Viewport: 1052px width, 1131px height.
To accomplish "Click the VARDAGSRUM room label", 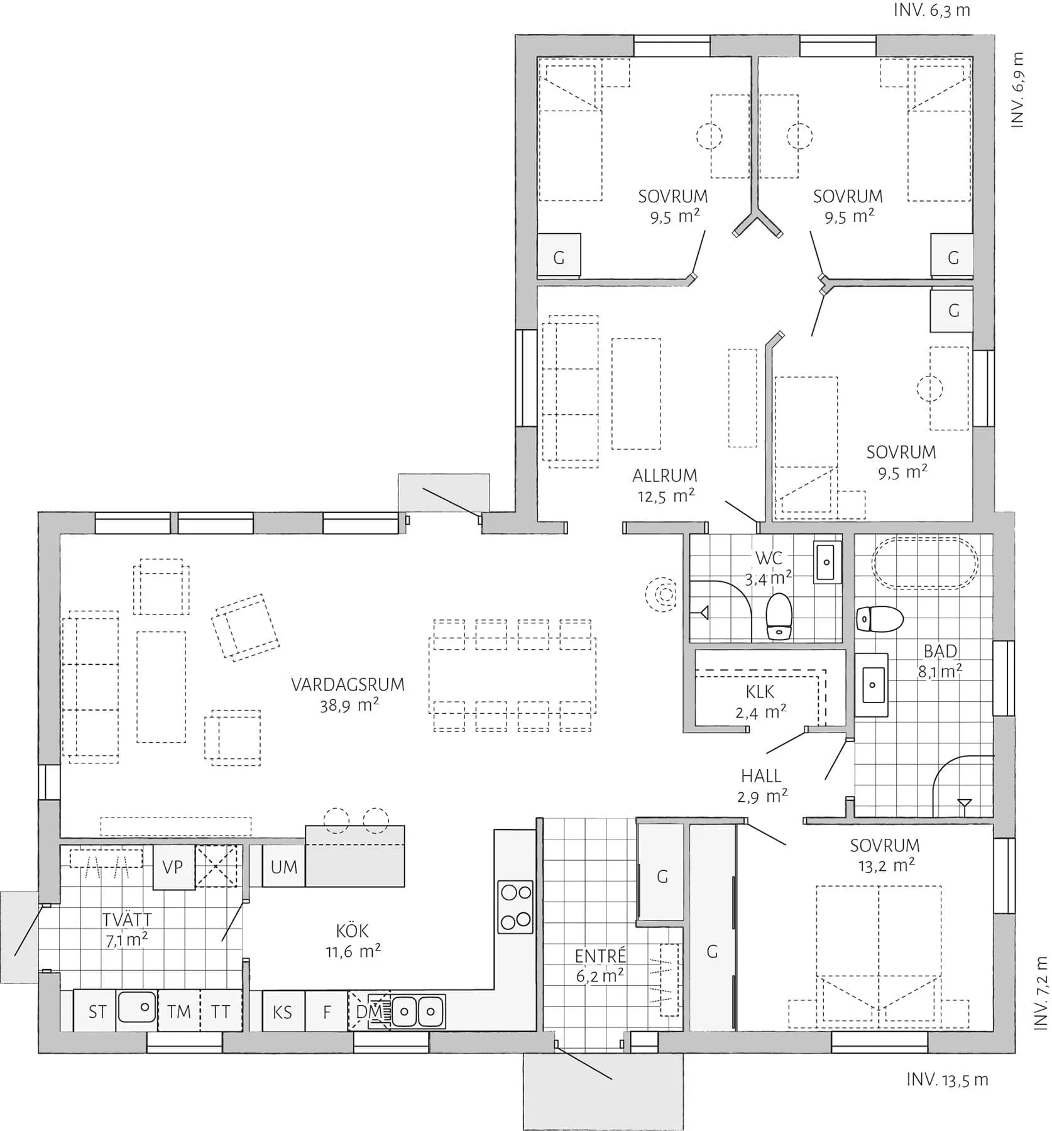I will click(348, 684).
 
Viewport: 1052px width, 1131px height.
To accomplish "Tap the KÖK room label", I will click(353, 931).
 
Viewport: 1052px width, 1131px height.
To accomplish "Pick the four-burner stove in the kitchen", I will click(515, 907).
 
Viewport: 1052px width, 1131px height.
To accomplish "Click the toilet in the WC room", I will click(779, 616).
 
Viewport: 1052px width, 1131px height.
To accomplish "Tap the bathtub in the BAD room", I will click(924, 562).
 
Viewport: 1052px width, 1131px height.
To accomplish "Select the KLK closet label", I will click(760, 692).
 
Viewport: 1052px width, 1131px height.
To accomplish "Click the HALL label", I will click(761, 775).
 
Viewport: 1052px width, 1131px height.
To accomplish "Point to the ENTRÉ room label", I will click(600, 956).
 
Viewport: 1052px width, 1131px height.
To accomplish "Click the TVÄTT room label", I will click(127, 920).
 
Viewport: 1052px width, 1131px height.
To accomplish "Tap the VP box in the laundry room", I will click(173, 867).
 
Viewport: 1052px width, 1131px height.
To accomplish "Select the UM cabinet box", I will click(283, 867).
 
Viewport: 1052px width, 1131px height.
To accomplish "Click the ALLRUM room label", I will click(665, 476).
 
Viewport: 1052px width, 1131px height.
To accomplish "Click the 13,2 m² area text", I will click(886, 866).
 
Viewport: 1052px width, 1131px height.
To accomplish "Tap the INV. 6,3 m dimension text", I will click(931, 11).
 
